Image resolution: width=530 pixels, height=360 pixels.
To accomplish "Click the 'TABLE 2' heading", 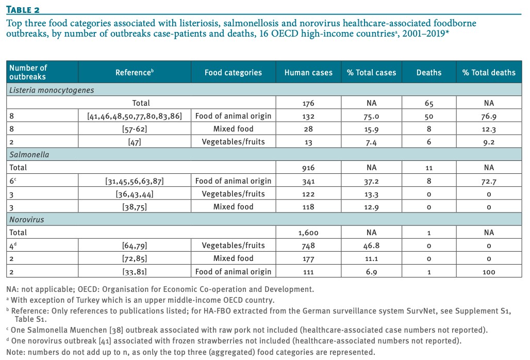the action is [23, 9].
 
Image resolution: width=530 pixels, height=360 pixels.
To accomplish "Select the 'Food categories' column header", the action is [233, 72].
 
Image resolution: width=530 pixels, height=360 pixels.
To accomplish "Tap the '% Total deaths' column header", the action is [489, 72].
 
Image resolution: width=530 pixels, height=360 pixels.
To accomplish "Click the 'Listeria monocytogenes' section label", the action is [52, 90].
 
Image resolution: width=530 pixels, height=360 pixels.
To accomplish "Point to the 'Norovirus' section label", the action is [27, 220].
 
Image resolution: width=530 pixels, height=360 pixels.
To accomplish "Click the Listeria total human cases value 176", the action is [308, 103].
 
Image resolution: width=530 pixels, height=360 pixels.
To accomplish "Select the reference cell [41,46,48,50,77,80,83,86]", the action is [135, 116].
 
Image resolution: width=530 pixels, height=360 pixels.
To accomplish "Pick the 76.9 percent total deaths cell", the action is [489, 116].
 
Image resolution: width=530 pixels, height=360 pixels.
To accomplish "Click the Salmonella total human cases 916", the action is [308, 168].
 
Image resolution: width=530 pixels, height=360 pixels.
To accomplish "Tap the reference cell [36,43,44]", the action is [135, 194].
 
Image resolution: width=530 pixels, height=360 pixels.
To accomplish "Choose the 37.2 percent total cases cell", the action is [371, 181].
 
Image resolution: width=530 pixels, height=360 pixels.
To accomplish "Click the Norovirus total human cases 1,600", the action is [308, 233].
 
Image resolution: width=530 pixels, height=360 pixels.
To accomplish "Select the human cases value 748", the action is [308, 246].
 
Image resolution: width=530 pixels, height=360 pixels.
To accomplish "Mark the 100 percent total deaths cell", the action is [489, 272].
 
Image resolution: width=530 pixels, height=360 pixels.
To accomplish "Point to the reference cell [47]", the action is [135, 142].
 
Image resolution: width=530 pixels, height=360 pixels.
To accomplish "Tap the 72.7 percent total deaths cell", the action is [489, 181].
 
